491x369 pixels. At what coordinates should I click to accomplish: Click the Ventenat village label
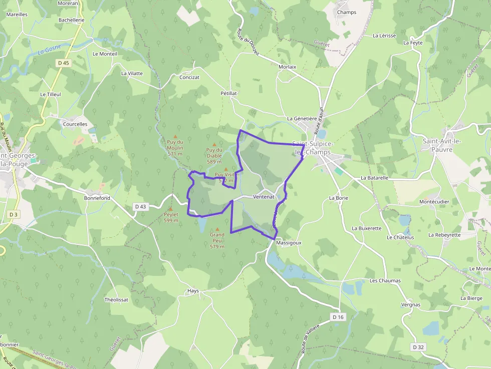pyautogui.click(x=264, y=197)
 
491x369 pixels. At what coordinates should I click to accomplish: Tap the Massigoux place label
pyautogui.click(x=289, y=242)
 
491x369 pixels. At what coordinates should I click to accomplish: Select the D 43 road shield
pyautogui.click(x=141, y=206)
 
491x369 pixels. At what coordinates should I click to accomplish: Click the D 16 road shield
pyautogui.click(x=338, y=317)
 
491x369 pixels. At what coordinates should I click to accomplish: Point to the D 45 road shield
pyautogui.click(x=63, y=63)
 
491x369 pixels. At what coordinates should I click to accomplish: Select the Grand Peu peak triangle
pyautogui.click(x=217, y=229)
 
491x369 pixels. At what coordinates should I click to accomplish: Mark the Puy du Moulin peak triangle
pyautogui.click(x=175, y=137)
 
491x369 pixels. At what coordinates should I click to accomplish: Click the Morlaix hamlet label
pyautogui.click(x=287, y=67)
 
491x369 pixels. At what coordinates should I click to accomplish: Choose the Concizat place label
pyautogui.click(x=189, y=78)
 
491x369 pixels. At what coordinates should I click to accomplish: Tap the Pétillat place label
pyautogui.click(x=228, y=93)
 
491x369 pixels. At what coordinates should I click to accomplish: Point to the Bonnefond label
pyautogui.click(x=97, y=198)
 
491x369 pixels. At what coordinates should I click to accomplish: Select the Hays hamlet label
pyautogui.click(x=193, y=291)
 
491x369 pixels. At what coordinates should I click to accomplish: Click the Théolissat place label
pyautogui.click(x=116, y=299)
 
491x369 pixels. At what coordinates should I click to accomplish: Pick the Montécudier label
pyautogui.click(x=434, y=202)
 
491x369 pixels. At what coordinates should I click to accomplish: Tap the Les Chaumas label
pyautogui.click(x=385, y=281)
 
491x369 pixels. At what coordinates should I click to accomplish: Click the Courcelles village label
pyautogui.click(x=75, y=124)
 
